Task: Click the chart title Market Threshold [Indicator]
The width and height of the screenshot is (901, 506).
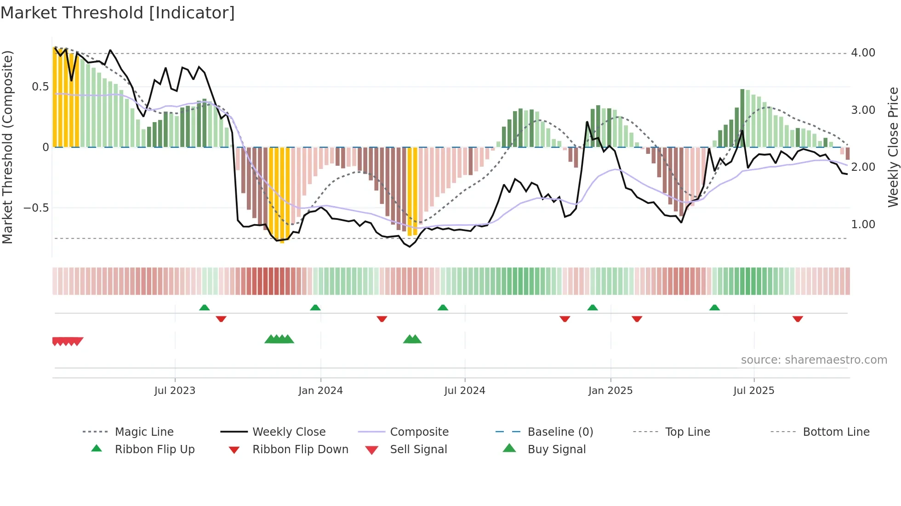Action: coord(118,13)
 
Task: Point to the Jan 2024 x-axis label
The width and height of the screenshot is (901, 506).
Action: coord(320,391)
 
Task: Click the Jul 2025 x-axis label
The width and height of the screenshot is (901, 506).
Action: coord(753,391)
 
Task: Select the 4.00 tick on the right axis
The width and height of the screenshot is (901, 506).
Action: coord(863,53)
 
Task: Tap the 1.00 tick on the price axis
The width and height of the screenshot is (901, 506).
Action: coord(863,225)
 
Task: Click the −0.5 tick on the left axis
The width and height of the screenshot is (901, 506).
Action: coord(36,208)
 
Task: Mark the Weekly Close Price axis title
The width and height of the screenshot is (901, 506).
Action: coord(893,147)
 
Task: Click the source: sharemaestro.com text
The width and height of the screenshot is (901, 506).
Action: coord(814,360)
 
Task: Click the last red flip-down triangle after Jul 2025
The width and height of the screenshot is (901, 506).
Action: coord(798,319)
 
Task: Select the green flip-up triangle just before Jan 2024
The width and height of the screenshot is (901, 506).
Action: coord(315,308)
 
